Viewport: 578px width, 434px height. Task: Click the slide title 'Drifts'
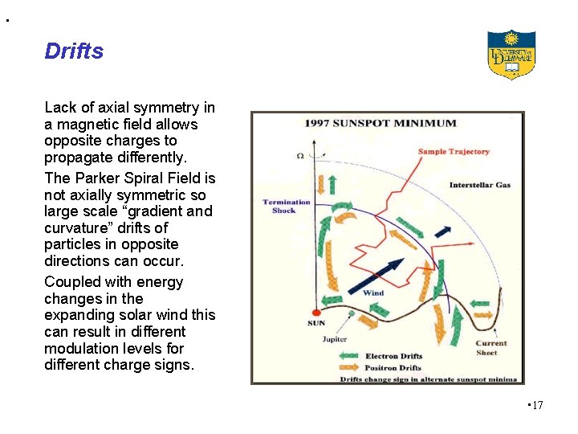pyautogui.click(x=74, y=51)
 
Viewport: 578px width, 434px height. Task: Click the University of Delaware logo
pyautogui.click(x=511, y=54)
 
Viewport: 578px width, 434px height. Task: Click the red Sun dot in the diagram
pyautogui.click(x=316, y=312)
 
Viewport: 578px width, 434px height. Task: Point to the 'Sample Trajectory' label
pyautogui.click(x=454, y=151)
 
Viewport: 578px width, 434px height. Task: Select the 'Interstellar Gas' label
pyautogui.click(x=479, y=185)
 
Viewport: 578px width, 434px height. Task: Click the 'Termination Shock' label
pyautogui.click(x=286, y=206)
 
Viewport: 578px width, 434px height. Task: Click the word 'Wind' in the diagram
pyautogui.click(x=373, y=293)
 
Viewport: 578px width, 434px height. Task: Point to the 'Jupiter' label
pyautogui.click(x=335, y=339)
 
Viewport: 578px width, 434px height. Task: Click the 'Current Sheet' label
pyautogui.click(x=490, y=348)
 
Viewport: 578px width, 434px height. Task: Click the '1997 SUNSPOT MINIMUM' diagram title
pyautogui.click(x=380, y=123)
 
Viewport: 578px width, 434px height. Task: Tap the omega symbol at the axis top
pyautogui.click(x=299, y=155)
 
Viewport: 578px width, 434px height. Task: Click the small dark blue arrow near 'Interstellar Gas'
pyautogui.click(x=442, y=231)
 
